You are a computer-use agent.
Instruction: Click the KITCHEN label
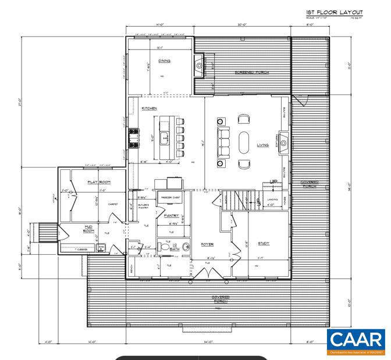coord(150,108)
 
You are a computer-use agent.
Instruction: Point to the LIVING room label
coord(263,145)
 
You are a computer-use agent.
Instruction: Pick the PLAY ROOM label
coord(99,182)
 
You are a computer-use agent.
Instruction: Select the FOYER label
coord(208,244)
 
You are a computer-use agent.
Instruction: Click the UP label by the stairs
coord(273,182)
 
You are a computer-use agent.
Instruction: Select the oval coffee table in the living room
coord(244,141)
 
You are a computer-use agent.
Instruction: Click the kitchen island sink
coord(165,138)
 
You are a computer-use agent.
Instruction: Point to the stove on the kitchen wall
coord(133,138)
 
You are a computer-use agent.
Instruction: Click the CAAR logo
coord(356,341)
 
